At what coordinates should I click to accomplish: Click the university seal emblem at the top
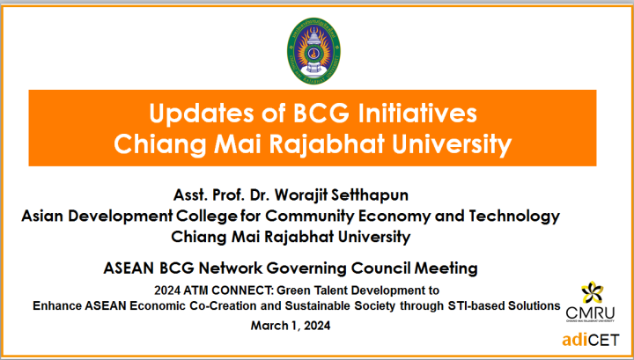[313, 50]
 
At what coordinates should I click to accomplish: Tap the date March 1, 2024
[291, 326]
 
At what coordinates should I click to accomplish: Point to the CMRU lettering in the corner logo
[590, 312]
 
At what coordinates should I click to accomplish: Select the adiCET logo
[590, 340]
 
